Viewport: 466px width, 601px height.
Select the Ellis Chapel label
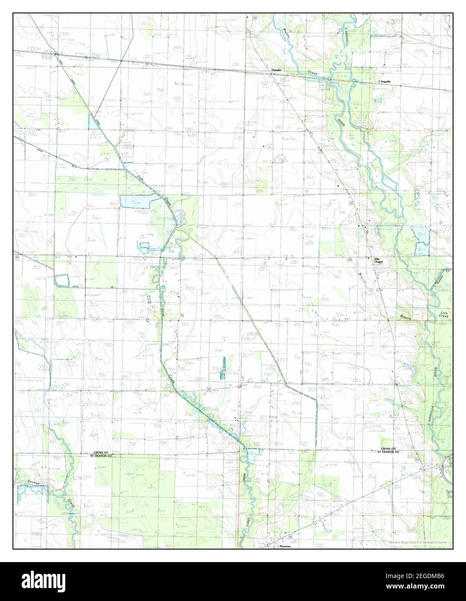coord(379,260)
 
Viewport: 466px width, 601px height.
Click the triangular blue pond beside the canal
coord(93,123)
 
